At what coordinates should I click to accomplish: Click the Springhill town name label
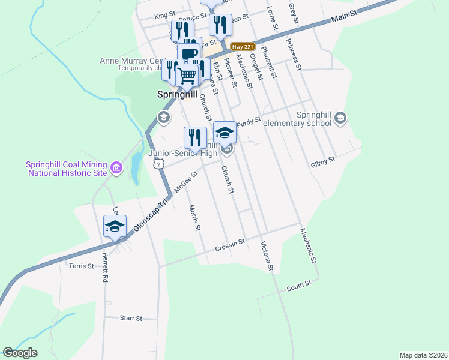(x=177, y=94)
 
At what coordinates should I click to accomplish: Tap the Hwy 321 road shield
(x=243, y=46)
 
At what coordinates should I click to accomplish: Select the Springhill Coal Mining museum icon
(x=117, y=170)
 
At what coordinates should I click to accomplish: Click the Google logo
(x=20, y=353)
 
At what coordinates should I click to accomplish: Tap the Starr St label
(x=131, y=318)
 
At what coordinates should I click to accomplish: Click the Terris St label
(x=82, y=265)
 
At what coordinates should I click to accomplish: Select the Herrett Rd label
(x=104, y=267)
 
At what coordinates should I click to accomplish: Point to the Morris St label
(x=193, y=218)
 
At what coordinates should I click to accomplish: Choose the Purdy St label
(x=249, y=122)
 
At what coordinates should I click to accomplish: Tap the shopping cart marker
(x=187, y=76)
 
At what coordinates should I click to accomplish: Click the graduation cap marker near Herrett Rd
(x=115, y=227)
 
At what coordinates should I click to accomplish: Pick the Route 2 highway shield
(x=158, y=163)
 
